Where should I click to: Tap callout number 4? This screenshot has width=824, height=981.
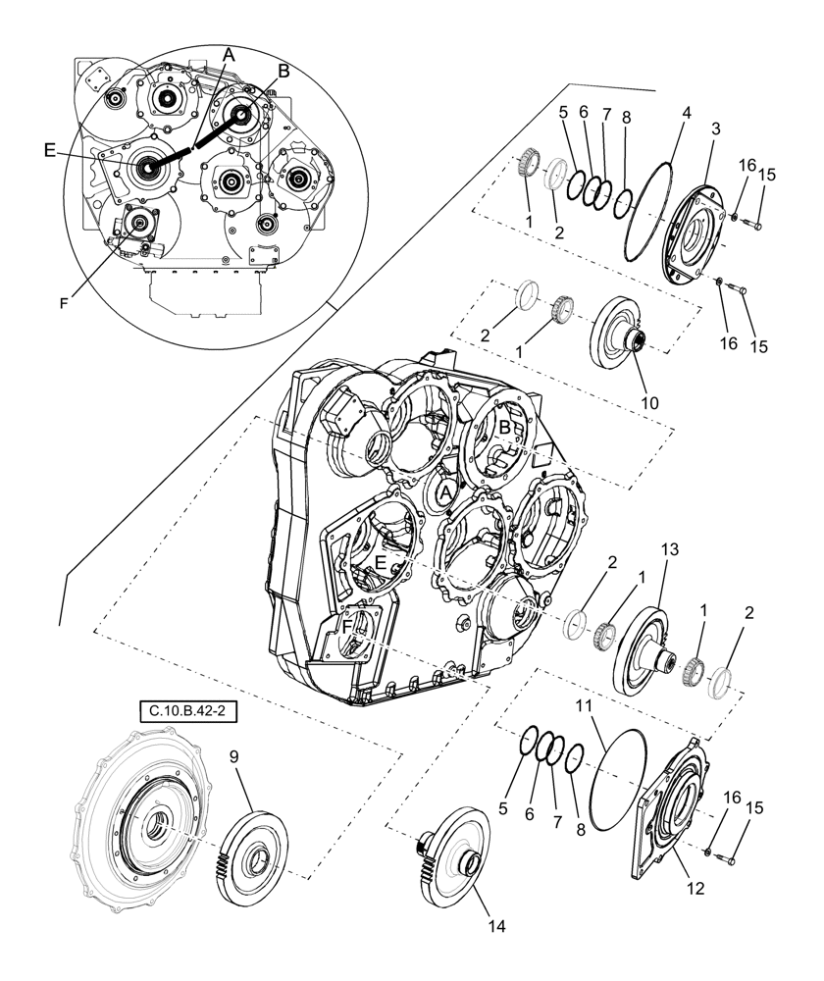pyautogui.click(x=686, y=113)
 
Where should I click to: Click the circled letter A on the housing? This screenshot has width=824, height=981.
pyautogui.click(x=446, y=491)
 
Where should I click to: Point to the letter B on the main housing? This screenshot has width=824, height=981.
pyautogui.click(x=504, y=428)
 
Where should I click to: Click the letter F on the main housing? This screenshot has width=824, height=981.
pyautogui.click(x=348, y=625)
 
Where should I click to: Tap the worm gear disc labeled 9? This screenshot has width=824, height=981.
pyautogui.click(x=252, y=852)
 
